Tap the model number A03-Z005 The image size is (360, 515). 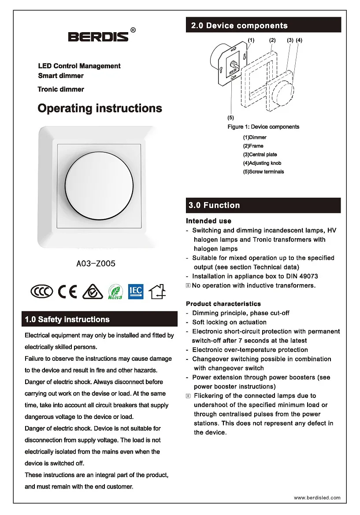96,264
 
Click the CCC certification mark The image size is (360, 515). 42,291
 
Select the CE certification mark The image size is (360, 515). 67,291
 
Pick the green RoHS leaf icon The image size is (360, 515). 115,292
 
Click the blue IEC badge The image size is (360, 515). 136,291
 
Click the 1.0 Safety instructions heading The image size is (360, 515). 67,319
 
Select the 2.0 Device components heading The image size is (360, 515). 239,26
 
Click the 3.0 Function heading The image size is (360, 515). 214,205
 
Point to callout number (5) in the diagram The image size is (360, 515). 230,118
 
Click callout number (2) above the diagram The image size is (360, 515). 272,40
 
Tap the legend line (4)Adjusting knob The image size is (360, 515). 262,163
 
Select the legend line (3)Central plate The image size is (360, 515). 260,155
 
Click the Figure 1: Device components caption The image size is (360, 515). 263,127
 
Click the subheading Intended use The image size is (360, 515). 208,221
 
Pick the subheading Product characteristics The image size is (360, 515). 223,304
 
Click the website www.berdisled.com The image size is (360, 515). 317,498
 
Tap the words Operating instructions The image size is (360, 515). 100,108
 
